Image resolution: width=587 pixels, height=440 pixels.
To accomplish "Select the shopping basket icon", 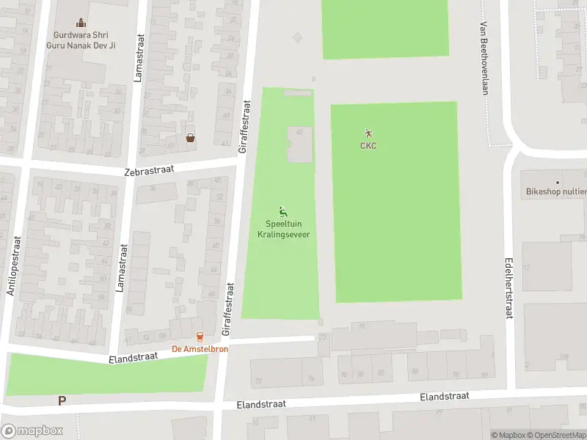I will (x=191, y=137).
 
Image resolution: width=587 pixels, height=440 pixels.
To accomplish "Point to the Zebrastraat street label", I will (x=149, y=170).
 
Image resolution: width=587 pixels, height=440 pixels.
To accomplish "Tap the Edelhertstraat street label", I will (x=508, y=287).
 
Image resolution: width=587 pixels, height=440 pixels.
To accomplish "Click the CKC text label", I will (x=368, y=145).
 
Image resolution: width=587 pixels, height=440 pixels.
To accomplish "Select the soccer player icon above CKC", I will (x=368, y=133).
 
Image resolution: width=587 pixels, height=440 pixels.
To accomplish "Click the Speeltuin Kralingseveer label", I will (x=283, y=230).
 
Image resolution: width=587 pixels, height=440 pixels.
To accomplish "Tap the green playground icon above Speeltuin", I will (x=283, y=211).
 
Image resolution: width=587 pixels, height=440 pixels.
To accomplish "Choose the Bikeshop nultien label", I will (x=555, y=192).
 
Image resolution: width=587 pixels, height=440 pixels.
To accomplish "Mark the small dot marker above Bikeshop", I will (x=558, y=182).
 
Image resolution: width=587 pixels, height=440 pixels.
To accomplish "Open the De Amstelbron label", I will (x=200, y=349).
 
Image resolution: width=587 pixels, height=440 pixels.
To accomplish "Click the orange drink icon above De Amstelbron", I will (x=200, y=337).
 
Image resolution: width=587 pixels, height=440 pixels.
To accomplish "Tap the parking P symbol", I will (x=62, y=400).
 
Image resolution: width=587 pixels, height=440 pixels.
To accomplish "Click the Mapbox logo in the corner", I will (x=32, y=431).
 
